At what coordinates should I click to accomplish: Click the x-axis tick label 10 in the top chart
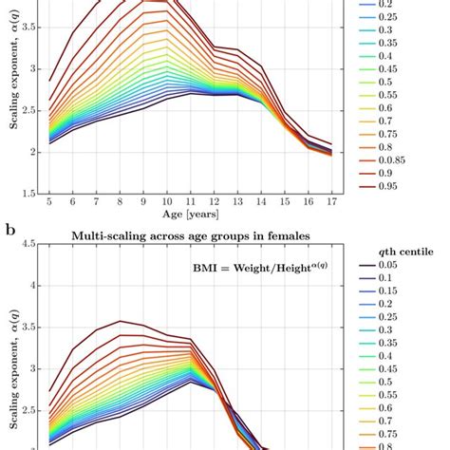tap(167, 201)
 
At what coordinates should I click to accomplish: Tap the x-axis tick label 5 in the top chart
tap(49, 201)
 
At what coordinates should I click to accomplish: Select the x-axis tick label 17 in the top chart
tap(331, 201)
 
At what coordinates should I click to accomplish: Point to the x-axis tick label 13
tap(237, 201)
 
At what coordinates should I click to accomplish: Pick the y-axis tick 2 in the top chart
tap(33, 152)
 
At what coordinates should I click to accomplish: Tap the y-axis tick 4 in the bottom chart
tap(33, 285)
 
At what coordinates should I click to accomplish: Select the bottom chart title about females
tap(190, 235)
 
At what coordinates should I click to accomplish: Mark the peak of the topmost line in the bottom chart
tap(121, 321)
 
